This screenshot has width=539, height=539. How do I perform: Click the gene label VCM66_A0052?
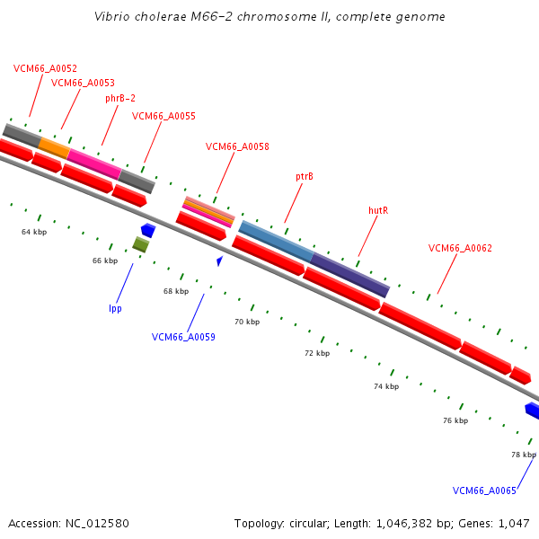[45, 68]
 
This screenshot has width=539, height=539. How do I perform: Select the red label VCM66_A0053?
[83, 83]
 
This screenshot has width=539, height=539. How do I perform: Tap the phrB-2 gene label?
[120, 99]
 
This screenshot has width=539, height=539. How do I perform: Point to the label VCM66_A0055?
[163, 116]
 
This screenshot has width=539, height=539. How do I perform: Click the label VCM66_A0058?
[237, 146]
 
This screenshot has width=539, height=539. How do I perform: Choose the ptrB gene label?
[305, 177]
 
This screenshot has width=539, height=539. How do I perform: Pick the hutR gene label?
[378, 209]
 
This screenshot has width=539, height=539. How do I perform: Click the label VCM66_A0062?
[460, 248]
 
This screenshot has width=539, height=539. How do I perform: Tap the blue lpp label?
[115, 308]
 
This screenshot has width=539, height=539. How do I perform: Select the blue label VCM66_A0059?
[183, 338]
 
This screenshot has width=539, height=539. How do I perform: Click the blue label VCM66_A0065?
[484, 490]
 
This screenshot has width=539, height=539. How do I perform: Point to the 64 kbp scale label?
[34, 232]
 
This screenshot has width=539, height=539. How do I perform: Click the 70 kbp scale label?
[246, 322]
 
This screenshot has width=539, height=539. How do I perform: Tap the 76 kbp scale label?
[455, 420]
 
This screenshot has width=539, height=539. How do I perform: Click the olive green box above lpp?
[140, 244]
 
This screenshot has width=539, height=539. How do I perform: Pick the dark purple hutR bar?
[350, 275]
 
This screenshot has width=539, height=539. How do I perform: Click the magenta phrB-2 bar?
[93, 163]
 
